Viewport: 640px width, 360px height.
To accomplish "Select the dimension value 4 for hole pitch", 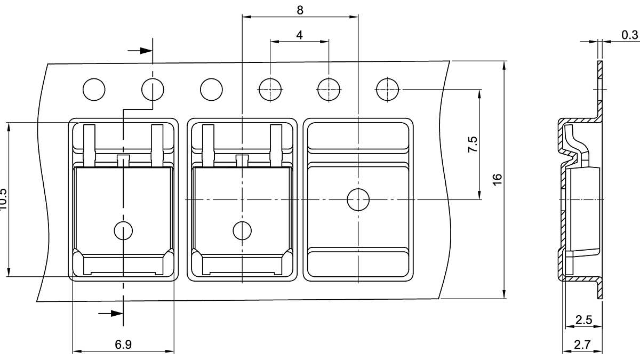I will [x=299, y=35].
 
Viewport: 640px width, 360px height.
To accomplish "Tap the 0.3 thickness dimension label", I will [x=629, y=35].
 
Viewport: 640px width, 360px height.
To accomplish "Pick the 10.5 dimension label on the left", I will [x=3, y=198].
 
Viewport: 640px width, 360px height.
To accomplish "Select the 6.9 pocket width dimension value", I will [x=123, y=345].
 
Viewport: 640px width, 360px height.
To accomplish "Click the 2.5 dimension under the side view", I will [x=583, y=320].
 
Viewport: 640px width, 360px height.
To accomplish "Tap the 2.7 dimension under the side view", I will [x=582, y=345].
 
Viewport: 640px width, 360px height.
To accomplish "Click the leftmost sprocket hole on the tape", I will [x=94, y=89].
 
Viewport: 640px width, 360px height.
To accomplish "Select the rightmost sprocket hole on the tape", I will [x=387, y=89].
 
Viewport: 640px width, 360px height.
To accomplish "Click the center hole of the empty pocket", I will [x=358, y=199].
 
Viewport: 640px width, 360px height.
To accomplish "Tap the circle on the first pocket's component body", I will [x=123, y=230].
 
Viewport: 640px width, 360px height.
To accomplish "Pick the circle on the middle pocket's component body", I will [x=242, y=230].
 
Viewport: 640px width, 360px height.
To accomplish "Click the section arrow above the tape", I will [x=140, y=51].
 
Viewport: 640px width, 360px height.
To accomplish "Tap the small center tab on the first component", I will [x=123, y=159].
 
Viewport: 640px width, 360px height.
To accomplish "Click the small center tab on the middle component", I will [x=242, y=159].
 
